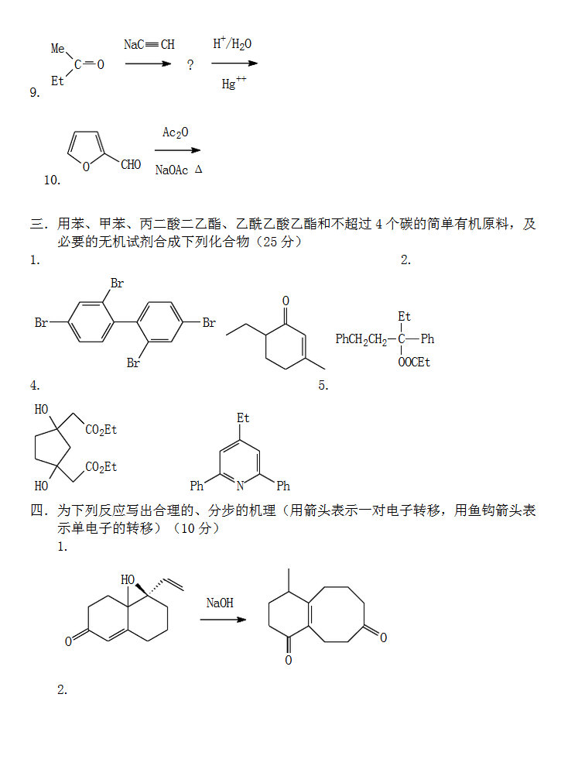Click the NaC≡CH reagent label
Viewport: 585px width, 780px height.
tap(149, 45)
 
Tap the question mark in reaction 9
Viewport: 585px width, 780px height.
tap(190, 66)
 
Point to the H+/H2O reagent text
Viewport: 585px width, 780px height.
tap(232, 44)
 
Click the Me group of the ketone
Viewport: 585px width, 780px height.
tap(58, 49)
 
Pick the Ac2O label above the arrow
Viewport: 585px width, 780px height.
tap(175, 132)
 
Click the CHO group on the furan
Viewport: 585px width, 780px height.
tap(131, 165)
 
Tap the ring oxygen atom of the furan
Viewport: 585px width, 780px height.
tap(85, 165)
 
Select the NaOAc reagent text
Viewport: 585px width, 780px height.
tap(171, 170)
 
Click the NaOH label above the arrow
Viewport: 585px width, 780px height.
tap(220, 602)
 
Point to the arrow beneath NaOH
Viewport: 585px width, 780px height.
tap(223, 620)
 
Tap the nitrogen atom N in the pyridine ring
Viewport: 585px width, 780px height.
tap(240, 486)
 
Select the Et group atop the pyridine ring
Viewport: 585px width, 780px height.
tap(243, 418)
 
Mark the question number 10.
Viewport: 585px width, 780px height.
tap(53, 180)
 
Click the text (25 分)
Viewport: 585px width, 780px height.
tap(278, 242)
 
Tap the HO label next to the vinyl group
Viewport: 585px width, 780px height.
tap(128, 579)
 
